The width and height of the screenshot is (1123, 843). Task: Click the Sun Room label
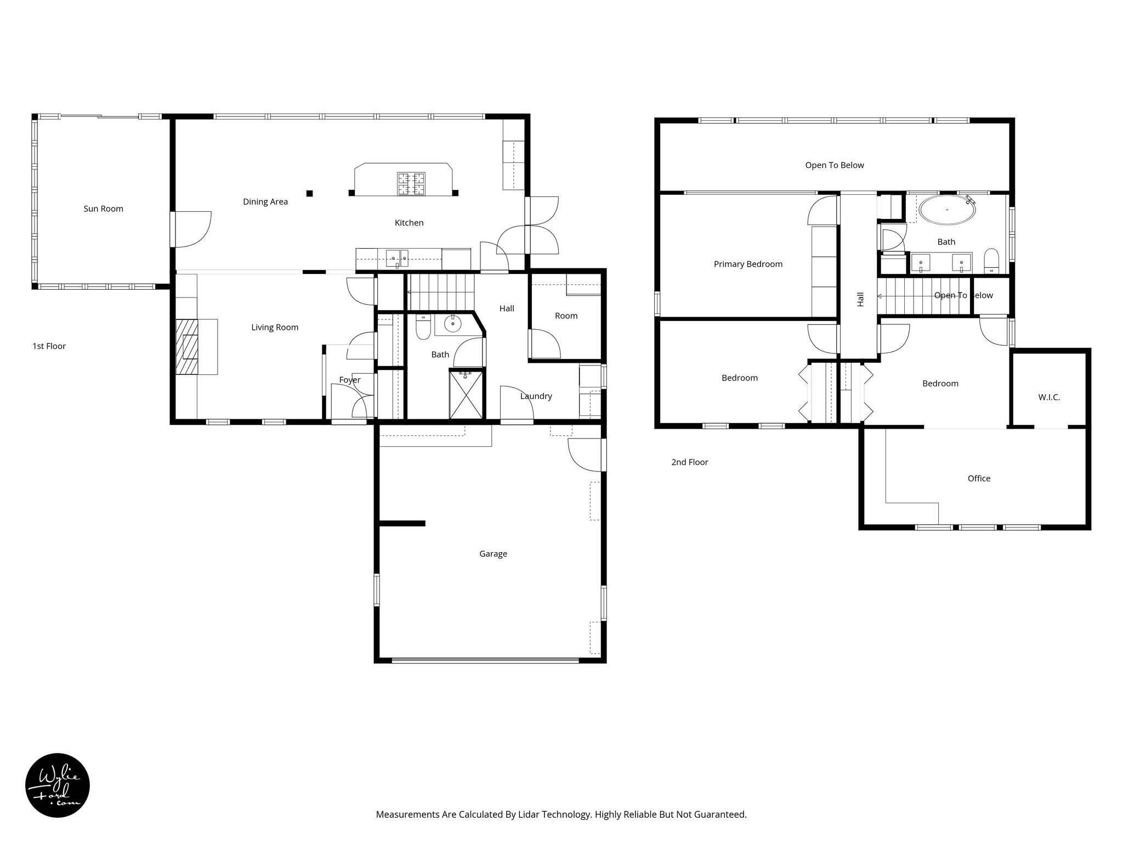click(103, 209)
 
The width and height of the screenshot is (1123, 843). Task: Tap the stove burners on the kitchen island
click(411, 184)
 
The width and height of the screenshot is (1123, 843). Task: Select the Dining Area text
click(265, 202)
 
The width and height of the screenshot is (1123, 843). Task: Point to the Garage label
click(493, 554)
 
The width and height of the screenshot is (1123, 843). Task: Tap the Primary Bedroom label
click(748, 264)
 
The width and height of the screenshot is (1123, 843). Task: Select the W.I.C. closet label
click(1049, 397)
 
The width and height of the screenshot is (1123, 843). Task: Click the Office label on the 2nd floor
click(979, 479)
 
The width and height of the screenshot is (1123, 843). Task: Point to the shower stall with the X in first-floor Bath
click(466, 395)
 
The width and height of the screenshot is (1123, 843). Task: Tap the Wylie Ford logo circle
click(58, 785)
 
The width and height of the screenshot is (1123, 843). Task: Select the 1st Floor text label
click(49, 346)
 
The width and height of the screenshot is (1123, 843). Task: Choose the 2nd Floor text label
click(689, 462)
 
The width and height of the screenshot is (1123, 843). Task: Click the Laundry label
click(536, 396)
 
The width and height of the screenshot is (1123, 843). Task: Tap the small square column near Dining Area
click(310, 193)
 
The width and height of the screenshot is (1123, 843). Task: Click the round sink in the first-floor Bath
click(452, 324)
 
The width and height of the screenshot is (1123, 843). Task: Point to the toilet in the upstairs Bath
click(991, 261)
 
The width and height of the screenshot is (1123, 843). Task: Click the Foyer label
click(349, 380)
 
